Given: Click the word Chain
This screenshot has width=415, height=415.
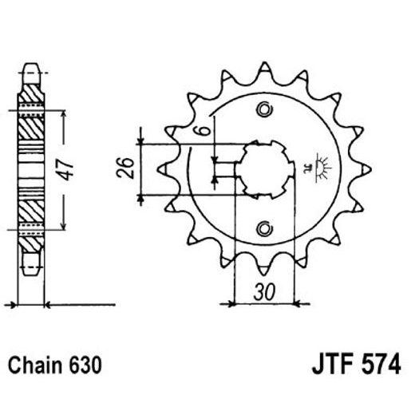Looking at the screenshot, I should (x=37, y=366).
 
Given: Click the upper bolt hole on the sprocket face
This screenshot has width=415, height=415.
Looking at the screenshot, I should (x=263, y=109).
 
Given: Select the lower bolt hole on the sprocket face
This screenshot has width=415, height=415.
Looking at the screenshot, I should (x=263, y=229).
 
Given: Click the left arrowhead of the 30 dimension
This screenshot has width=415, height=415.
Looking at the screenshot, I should (x=234, y=303).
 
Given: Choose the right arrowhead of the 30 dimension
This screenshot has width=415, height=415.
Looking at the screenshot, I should (x=294, y=303).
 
